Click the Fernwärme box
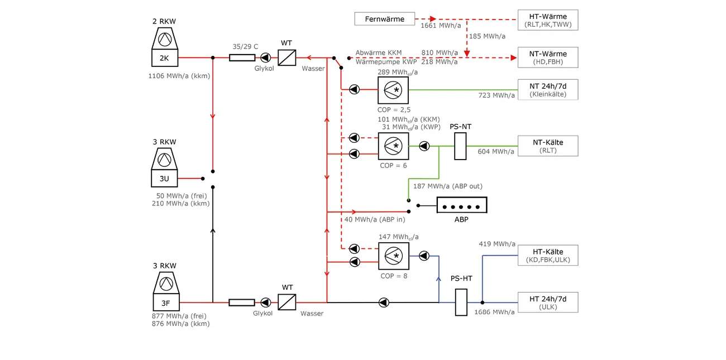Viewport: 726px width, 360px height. pos(385,19)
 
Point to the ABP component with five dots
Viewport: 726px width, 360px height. pos(461,206)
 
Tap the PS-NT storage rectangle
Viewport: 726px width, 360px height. pos(460,146)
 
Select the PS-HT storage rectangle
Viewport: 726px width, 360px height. pos(461,303)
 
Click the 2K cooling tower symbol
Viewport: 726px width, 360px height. pos(164,48)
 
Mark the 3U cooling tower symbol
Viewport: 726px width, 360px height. pos(164,169)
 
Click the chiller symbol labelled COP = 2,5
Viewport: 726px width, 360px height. pos(393,89)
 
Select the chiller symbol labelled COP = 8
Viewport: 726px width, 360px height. pos(393,256)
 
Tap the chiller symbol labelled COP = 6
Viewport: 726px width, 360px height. pos(393,146)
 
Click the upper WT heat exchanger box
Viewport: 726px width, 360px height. pos(287,57)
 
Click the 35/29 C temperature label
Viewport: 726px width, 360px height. pos(245,47)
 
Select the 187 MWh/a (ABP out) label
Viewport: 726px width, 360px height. pos(447,186)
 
